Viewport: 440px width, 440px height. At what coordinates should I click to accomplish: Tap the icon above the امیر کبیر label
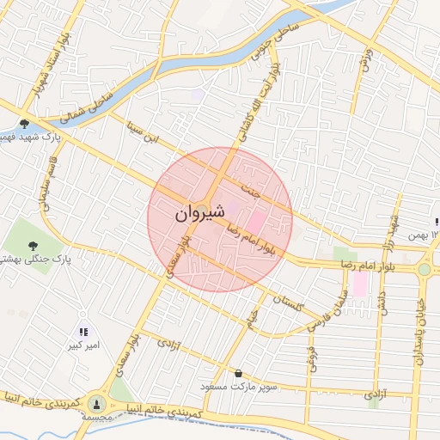[x=83, y=331]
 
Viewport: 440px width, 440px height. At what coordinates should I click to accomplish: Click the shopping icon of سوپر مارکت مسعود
[x=238, y=374]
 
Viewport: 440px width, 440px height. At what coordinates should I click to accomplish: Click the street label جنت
[x=250, y=186]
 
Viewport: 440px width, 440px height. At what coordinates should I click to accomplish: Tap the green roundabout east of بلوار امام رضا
[x=424, y=269]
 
